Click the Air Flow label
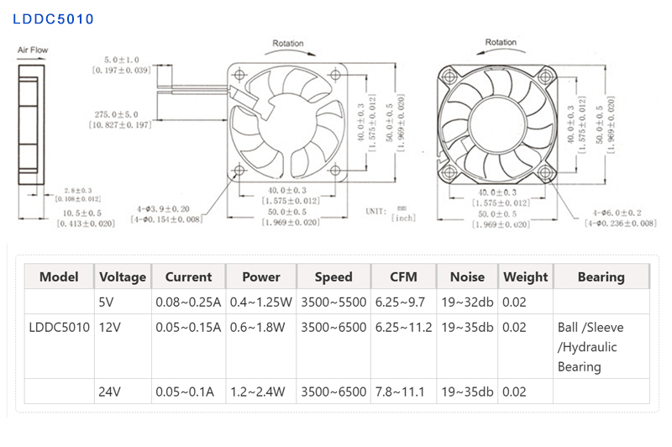click(33, 50)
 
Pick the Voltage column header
click(123, 276)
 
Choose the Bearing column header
click(601, 276)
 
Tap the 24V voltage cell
click(110, 391)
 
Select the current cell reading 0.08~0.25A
click(188, 302)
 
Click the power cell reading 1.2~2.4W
click(260, 391)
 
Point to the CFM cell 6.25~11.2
click(404, 327)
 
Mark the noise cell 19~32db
click(467, 302)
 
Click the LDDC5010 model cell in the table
click(60, 327)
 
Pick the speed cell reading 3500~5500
click(333, 302)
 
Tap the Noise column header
click(467, 276)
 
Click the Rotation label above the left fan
click(288, 43)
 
